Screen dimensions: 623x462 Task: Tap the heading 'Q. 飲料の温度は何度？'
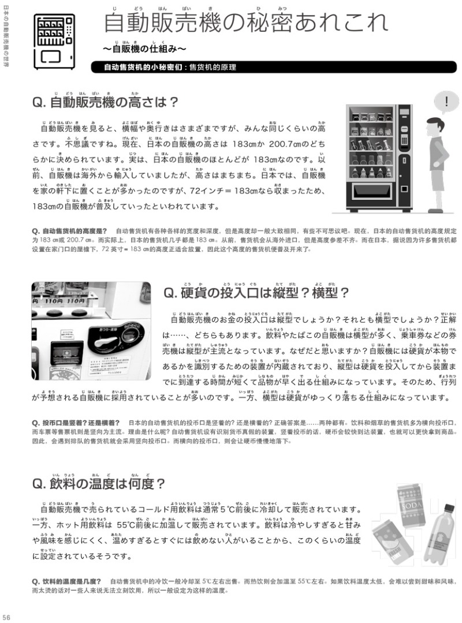[99, 483]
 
